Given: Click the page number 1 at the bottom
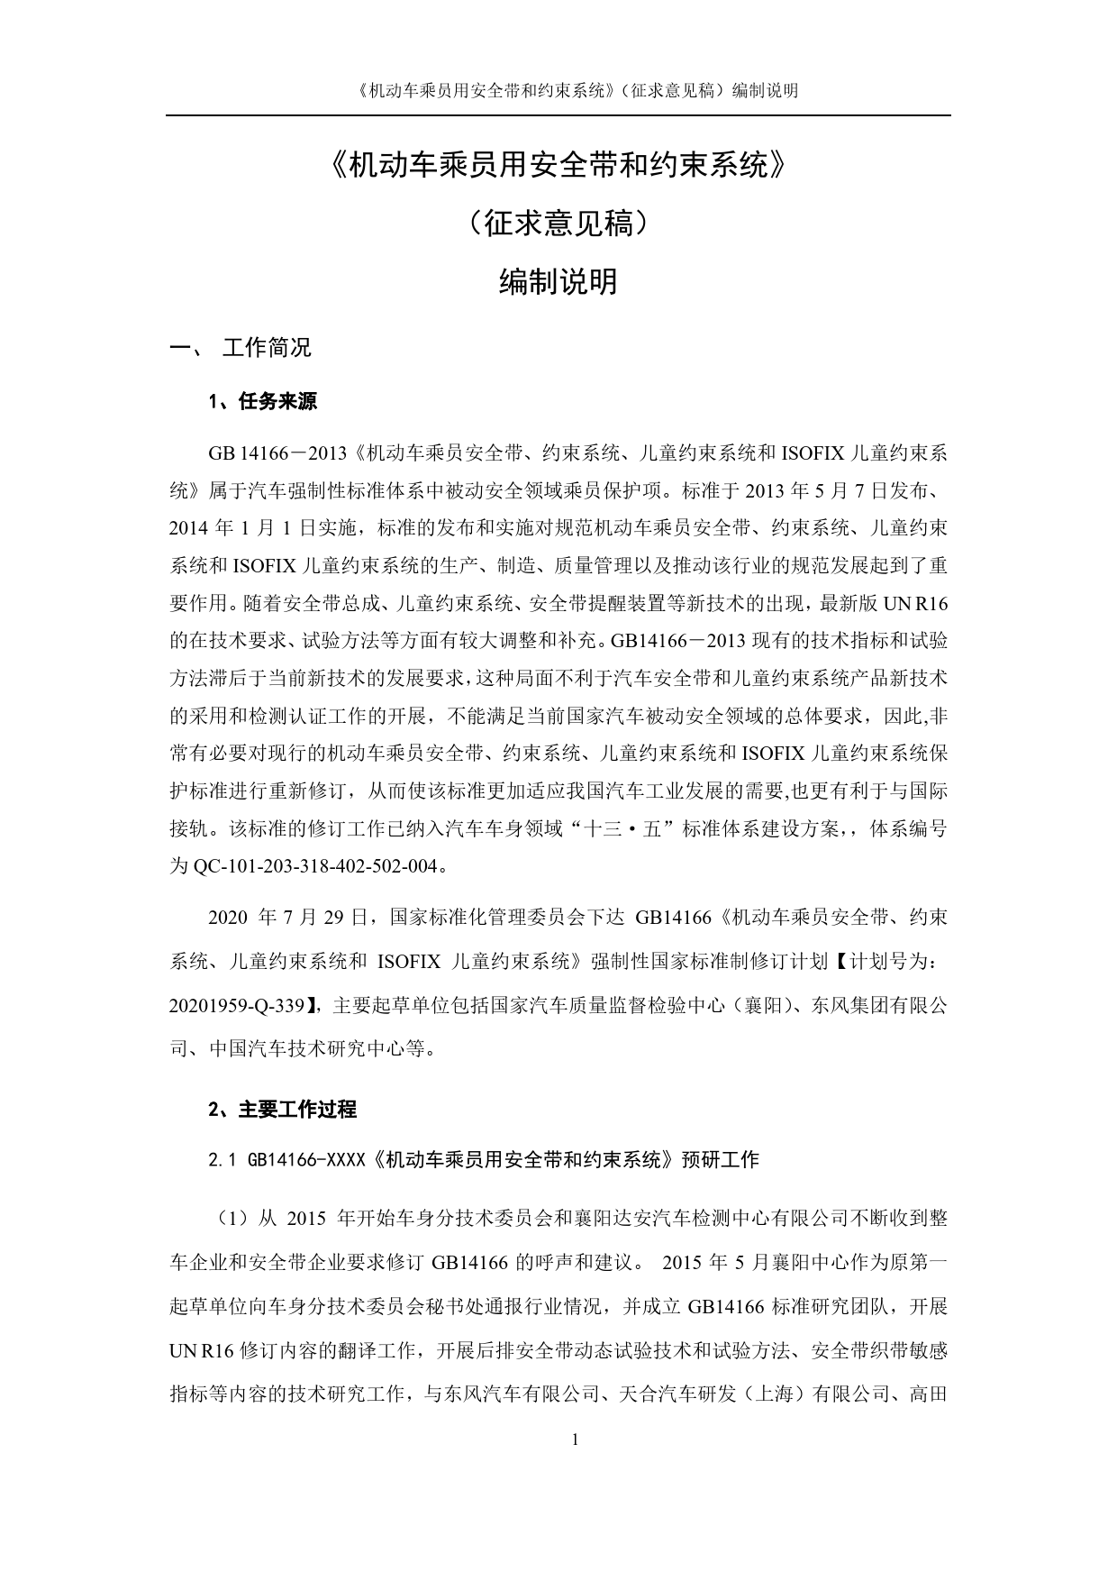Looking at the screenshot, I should (x=575, y=1439).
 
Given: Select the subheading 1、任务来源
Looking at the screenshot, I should (x=262, y=402).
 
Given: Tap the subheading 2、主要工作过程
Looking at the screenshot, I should (x=282, y=1110).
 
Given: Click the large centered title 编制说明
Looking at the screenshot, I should (x=558, y=282).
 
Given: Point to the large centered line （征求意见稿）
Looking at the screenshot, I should (x=558, y=224).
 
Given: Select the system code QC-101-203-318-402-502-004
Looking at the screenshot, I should (x=319, y=867).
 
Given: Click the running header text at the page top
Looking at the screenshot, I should (x=558, y=90).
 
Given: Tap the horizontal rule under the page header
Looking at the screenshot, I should (x=558, y=115).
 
